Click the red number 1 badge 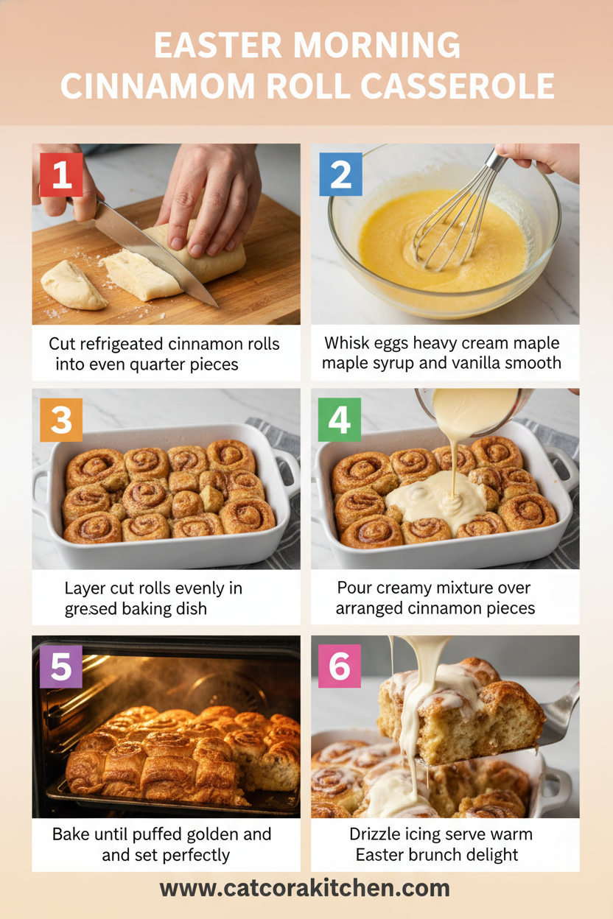(x=61, y=175)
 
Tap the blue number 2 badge (x=340, y=175)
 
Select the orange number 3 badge (x=61, y=420)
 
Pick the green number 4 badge (x=340, y=420)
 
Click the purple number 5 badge (x=61, y=666)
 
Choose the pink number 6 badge (x=340, y=666)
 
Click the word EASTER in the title (x=218, y=46)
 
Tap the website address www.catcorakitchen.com (x=305, y=889)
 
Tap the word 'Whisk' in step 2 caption (x=347, y=343)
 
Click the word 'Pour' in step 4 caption (x=352, y=588)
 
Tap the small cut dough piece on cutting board (x=72, y=284)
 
